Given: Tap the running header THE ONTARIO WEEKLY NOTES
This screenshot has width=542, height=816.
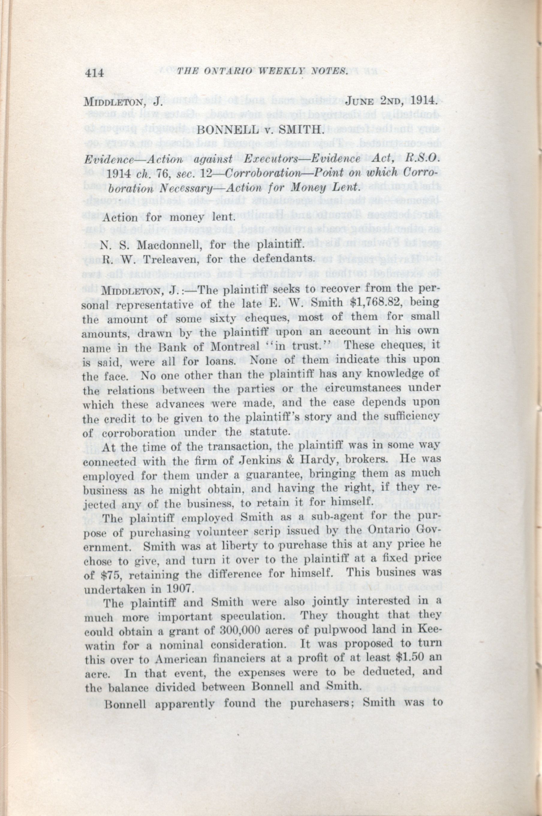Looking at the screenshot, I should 262,72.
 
